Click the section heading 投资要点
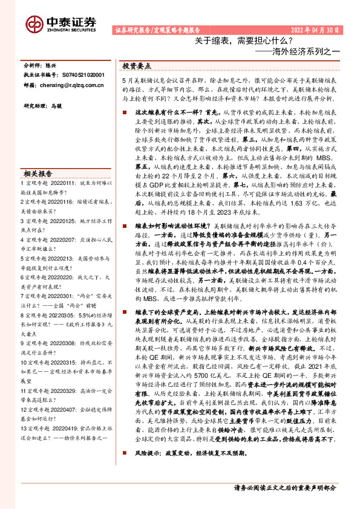(x=137, y=65)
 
